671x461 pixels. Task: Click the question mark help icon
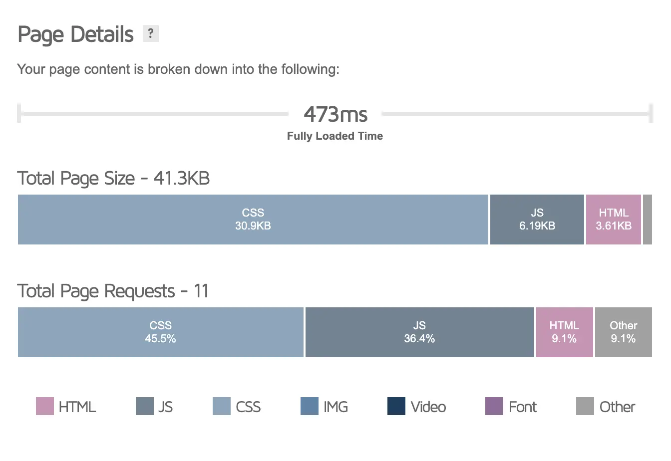click(x=150, y=34)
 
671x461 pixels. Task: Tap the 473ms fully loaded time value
click(x=335, y=114)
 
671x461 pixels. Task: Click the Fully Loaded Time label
click(x=335, y=136)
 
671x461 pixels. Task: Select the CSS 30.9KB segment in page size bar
click(x=253, y=220)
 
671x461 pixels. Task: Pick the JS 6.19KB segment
click(x=537, y=220)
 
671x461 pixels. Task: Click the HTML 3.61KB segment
click(x=613, y=220)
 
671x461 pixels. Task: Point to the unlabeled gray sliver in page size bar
click(x=648, y=220)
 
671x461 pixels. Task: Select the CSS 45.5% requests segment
click(x=160, y=332)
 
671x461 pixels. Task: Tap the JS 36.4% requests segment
click(x=419, y=332)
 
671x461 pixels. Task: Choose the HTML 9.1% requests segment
click(x=564, y=332)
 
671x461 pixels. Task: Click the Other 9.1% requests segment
click(x=623, y=332)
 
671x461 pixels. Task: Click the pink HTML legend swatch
click(x=45, y=407)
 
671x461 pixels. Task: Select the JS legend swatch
click(x=144, y=407)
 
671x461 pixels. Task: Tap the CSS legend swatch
click(x=221, y=407)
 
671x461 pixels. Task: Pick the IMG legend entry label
click(x=335, y=407)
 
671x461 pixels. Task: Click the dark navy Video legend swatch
click(x=396, y=407)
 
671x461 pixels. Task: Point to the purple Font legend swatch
click(x=494, y=407)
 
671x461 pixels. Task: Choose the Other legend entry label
click(x=617, y=407)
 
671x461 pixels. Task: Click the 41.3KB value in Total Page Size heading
click(x=181, y=178)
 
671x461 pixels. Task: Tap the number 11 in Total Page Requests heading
click(x=201, y=291)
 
